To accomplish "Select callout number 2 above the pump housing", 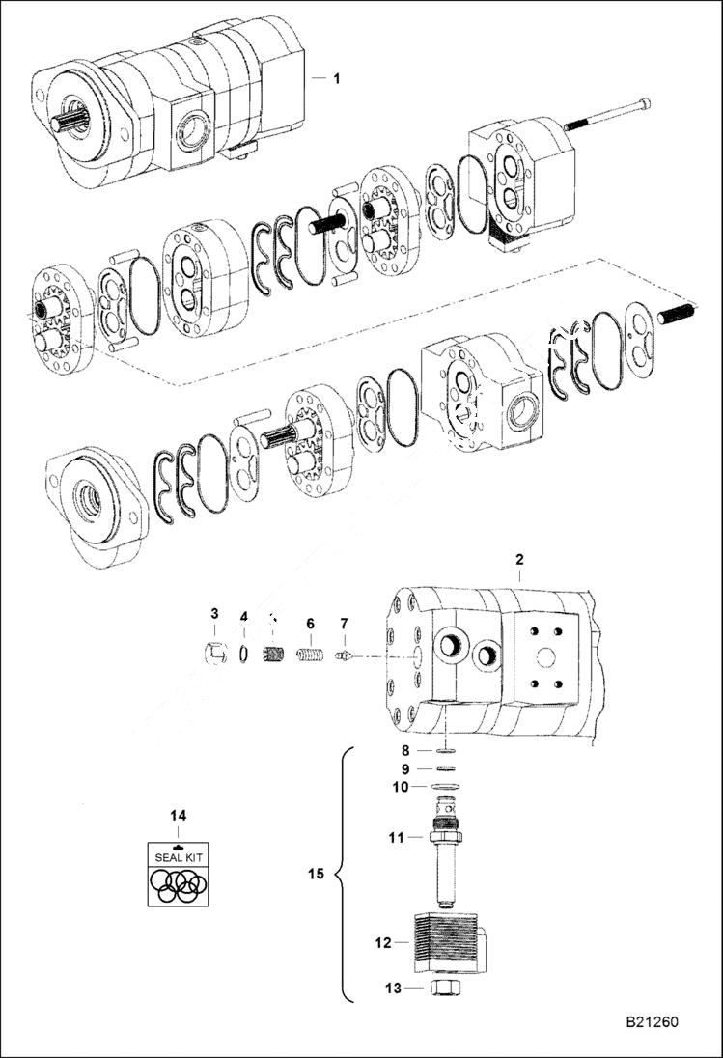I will tap(519, 560).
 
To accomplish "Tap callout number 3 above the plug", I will tap(215, 614).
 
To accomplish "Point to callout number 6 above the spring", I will tap(311, 624).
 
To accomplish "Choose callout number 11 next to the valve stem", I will tap(394, 838).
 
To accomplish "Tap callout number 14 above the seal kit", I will tap(178, 816).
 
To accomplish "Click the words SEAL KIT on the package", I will tap(177, 856).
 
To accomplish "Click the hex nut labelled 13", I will tap(445, 989).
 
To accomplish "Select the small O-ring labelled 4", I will tap(245, 655).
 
